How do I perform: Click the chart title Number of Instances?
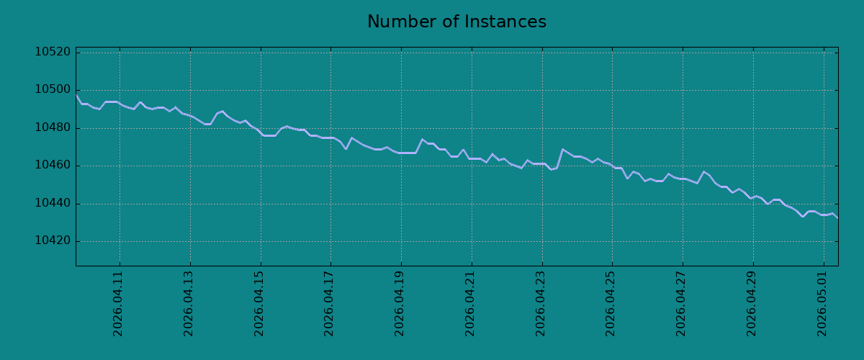tap(456, 22)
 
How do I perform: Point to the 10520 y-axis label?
tap(53, 52)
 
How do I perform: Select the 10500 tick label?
tap(53, 90)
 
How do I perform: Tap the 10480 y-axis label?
tap(53, 127)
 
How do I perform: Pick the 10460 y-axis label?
tap(53, 166)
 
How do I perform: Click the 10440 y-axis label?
tap(53, 203)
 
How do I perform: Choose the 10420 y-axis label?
tap(53, 241)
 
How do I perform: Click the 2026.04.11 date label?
tap(117, 304)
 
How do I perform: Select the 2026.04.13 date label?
tap(188, 304)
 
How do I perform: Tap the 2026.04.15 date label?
tap(258, 304)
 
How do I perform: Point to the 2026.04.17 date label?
tap(328, 304)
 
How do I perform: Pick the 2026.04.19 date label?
tap(399, 304)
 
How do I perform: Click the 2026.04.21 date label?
tap(469, 304)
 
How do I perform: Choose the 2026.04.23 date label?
tap(541, 304)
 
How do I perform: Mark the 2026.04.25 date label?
tap(611, 304)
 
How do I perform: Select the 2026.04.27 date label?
tap(681, 304)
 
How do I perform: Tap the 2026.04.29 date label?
tap(752, 304)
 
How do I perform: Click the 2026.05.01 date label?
tap(822, 304)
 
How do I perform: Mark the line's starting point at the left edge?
tap(76, 94)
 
